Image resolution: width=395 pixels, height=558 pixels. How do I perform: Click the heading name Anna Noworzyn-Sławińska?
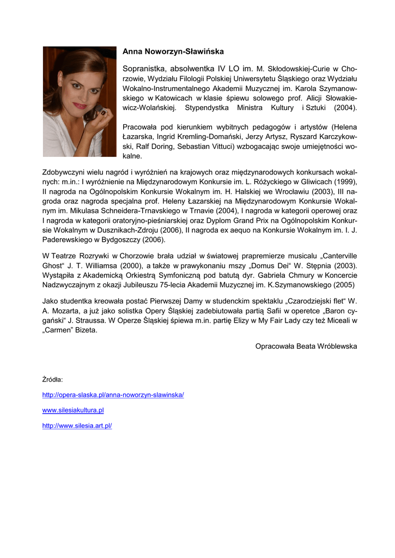pyautogui.click(x=173, y=52)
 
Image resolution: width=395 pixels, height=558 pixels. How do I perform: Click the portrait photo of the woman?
pyautogui.click(x=80, y=102)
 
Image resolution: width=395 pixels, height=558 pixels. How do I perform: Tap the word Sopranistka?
pyautogui.click(x=145, y=69)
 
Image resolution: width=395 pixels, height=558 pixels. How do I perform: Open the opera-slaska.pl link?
pyautogui.click(x=113, y=395)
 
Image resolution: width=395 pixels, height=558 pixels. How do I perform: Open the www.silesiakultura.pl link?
pyautogui.click(x=72, y=410)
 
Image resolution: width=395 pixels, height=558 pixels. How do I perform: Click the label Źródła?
pyautogui.click(x=52, y=379)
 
